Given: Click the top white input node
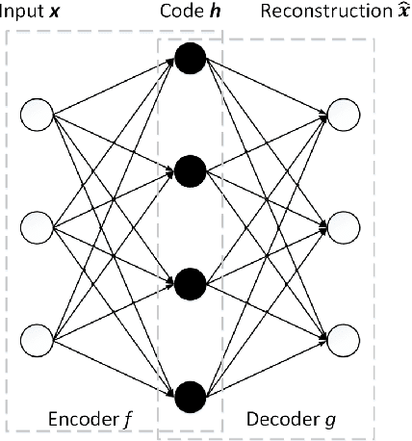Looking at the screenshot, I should [x=39, y=114].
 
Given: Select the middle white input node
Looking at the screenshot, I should [x=39, y=226].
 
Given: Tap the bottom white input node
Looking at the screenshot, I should [x=39, y=339].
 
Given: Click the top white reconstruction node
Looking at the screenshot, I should [x=344, y=114].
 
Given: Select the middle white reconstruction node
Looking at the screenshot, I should [x=344, y=226].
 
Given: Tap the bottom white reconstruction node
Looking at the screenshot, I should [x=344, y=339].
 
